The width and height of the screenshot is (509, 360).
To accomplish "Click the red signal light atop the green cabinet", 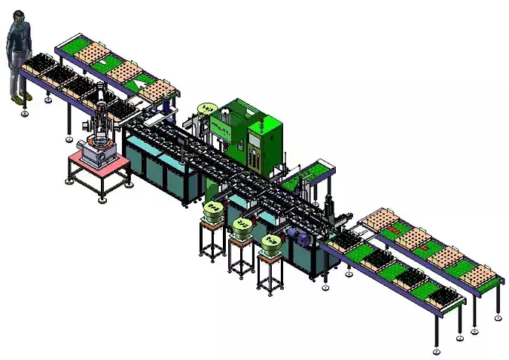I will pos(261,117).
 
